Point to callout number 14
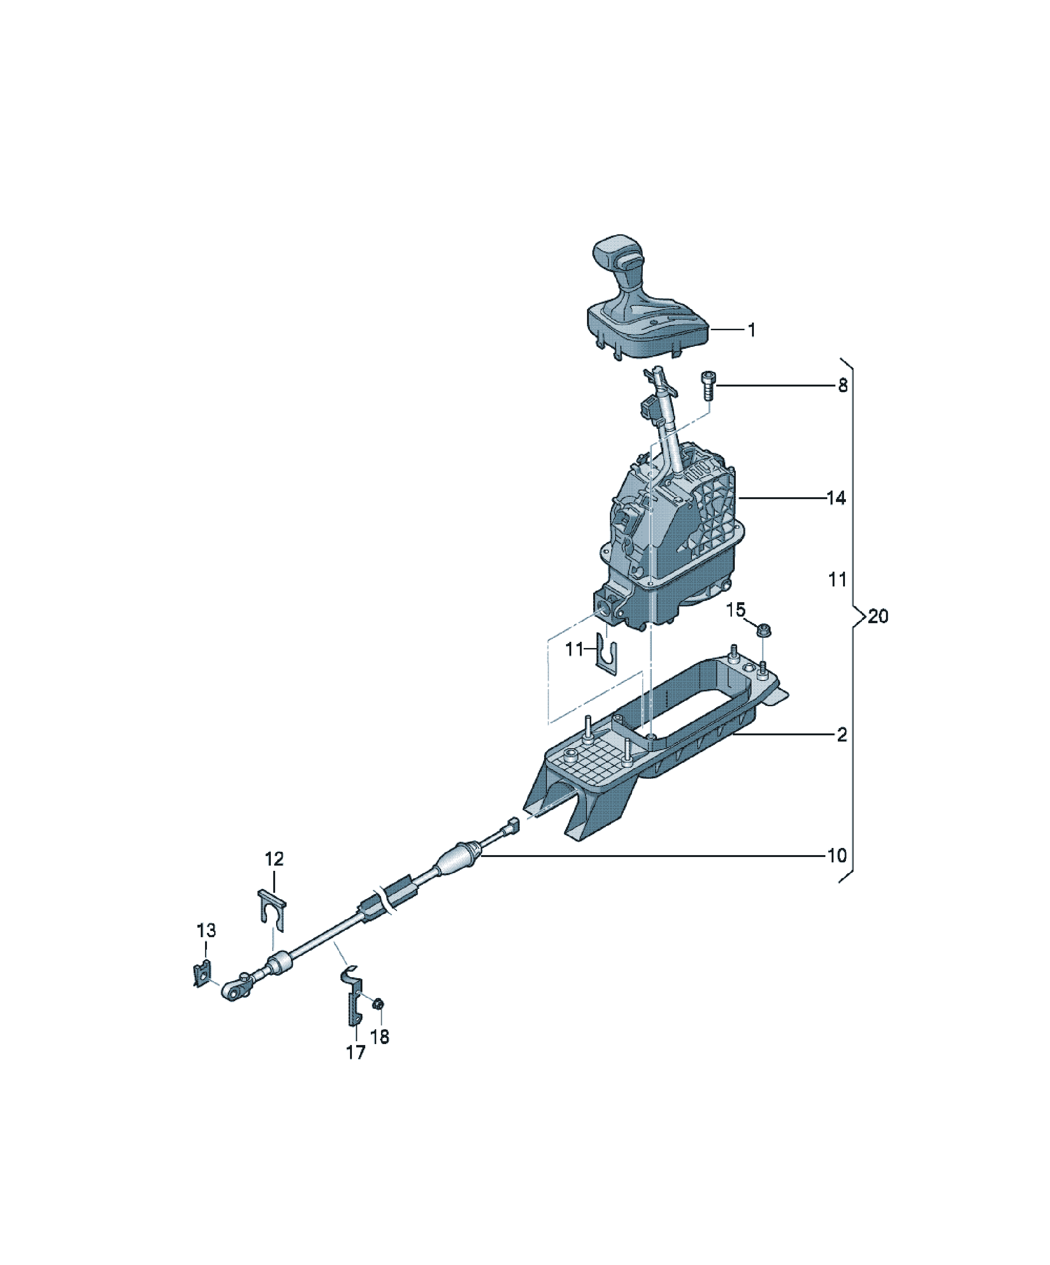click(x=836, y=498)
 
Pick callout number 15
click(x=736, y=610)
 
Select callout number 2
click(x=842, y=734)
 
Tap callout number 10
click(x=837, y=856)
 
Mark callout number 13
click(x=206, y=930)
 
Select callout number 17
click(x=355, y=1052)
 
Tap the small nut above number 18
click(x=378, y=1004)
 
